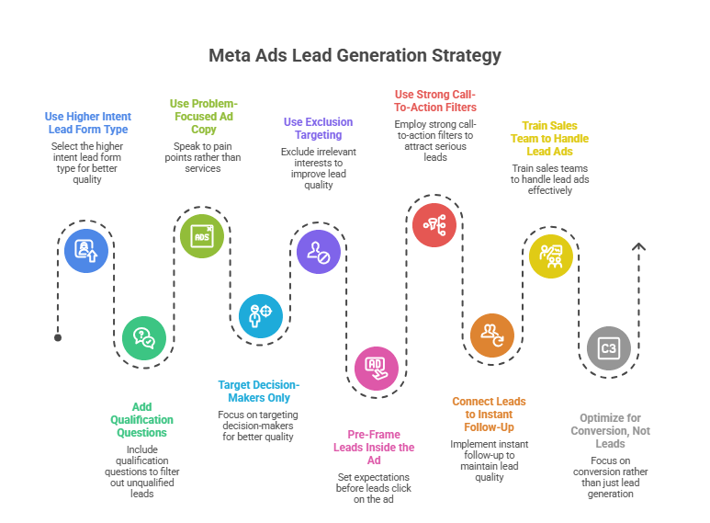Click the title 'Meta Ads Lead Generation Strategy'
[x=355, y=56]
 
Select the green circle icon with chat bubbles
[x=144, y=336]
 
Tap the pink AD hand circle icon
[x=377, y=368]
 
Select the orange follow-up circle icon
[x=492, y=335]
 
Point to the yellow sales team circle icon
[x=550, y=255]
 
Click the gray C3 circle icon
[x=608, y=348]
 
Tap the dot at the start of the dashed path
[x=58, y=337]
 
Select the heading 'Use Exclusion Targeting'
[x=318, y=129]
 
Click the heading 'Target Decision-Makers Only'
[x=259, y=391]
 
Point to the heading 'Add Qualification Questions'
[x=141, y=418]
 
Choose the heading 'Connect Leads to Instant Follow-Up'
[x=489, y=415]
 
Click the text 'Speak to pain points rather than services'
[x=203, y=155]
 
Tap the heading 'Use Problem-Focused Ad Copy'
[x=204, y=117]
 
